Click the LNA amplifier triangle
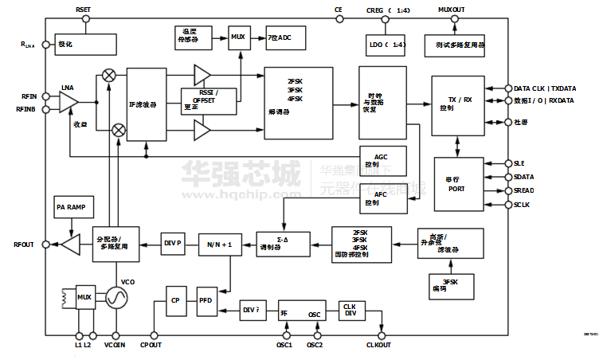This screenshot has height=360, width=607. click(68, 102)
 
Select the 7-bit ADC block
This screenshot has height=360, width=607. click(284, 37)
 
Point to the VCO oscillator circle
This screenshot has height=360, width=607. click(117, 298)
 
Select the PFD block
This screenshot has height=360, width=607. click(206, 300)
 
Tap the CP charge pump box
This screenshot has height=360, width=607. click(176, 300)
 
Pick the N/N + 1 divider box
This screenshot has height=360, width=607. click(219, 244)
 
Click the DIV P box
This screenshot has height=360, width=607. click(173, 242)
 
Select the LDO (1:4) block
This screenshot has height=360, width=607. click(388, 45)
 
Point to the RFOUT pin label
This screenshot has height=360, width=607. click(23, 245)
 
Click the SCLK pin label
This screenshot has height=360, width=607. click(522, 205)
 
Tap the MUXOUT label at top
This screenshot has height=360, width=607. click(452, 9)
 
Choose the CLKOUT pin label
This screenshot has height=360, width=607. click(380, 346)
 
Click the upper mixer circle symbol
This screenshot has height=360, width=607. click(109, 75)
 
